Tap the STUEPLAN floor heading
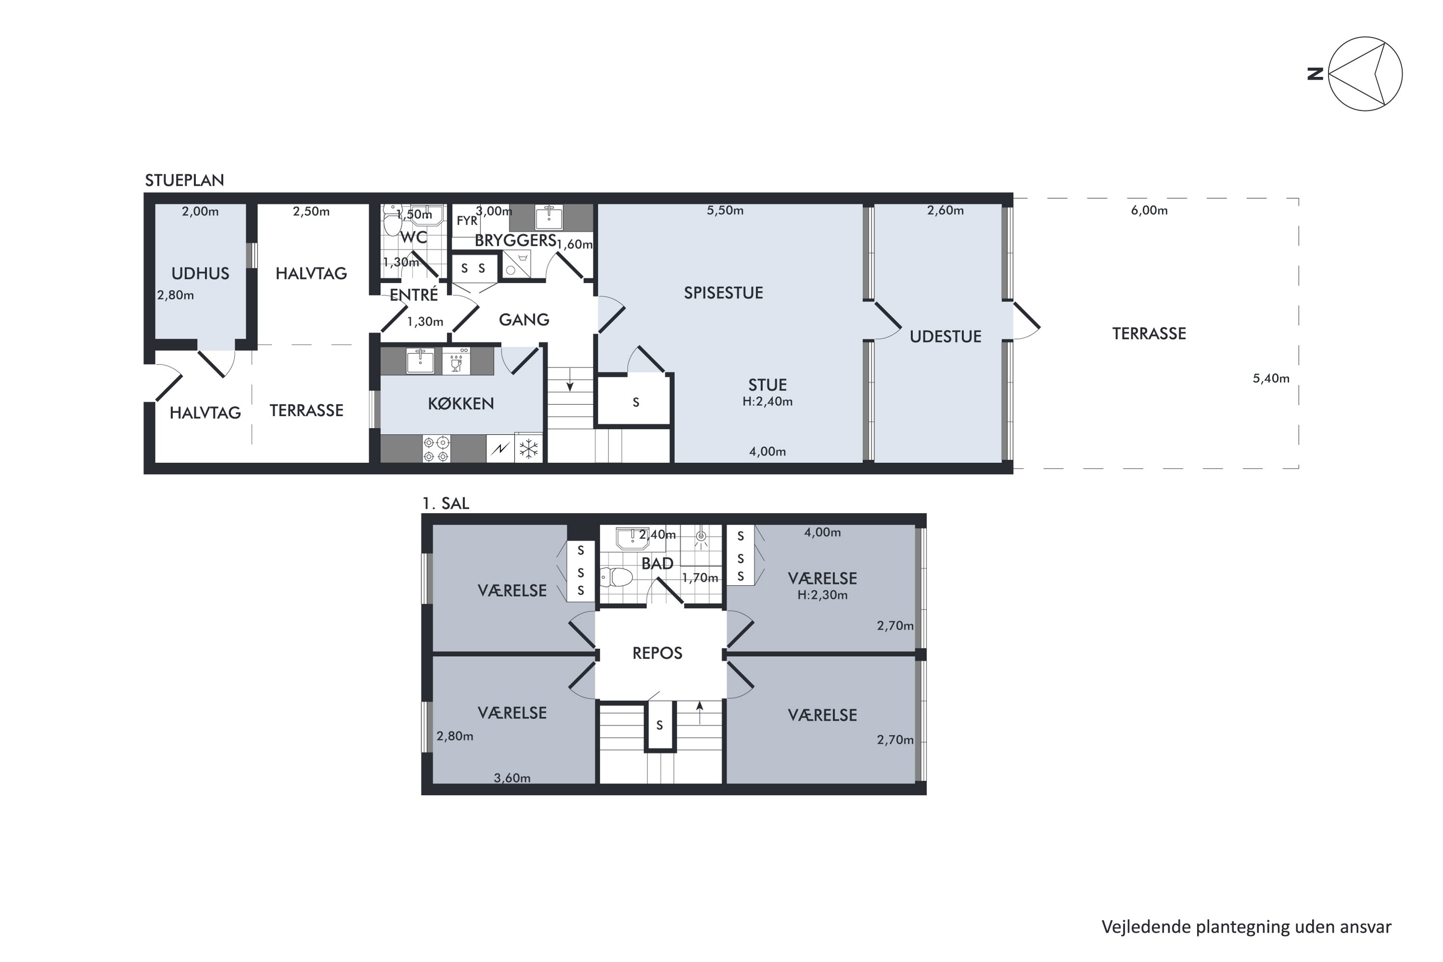point(184,180)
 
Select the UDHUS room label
point(200,274)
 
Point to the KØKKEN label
point(461,404)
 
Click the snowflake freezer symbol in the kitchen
point(528,448)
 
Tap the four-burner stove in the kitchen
point(436,448)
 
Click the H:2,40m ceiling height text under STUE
point(768,402)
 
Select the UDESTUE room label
point(946,336)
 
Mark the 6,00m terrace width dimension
point(1149,211)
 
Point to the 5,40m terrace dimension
point(1271,379)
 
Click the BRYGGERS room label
point(515,240)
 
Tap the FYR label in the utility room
point(467,221)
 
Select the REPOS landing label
point(657,653)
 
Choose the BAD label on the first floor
point(657,564)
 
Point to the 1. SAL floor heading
point(446,504)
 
